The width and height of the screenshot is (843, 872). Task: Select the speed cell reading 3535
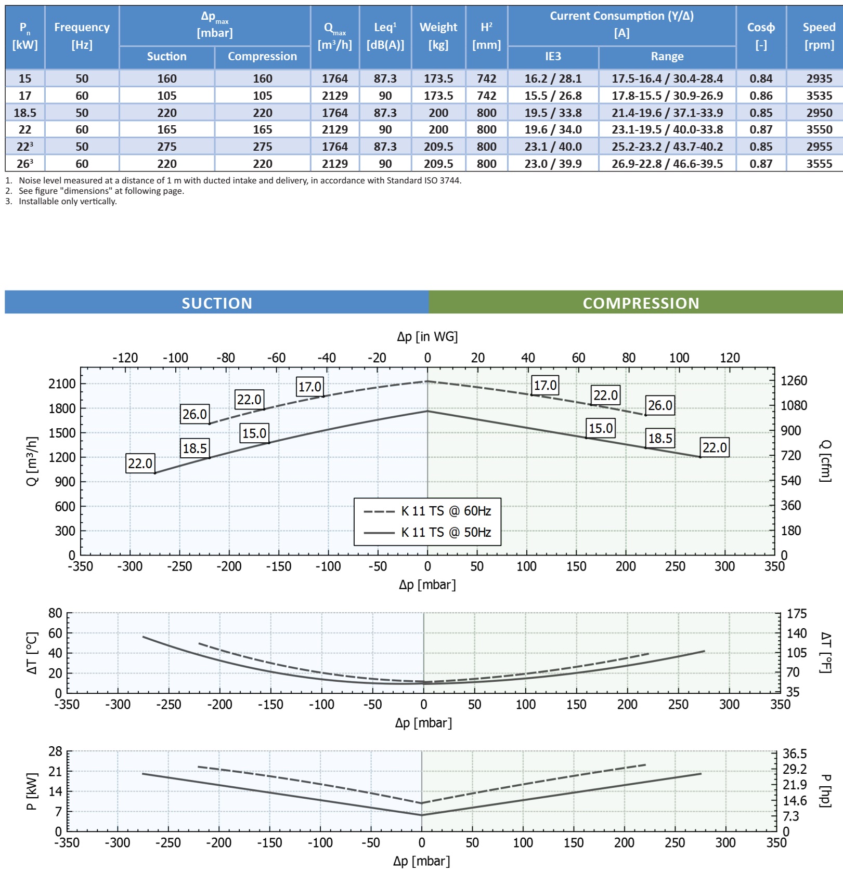tap(819, 96)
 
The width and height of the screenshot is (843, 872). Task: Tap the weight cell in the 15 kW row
tap(438, 78)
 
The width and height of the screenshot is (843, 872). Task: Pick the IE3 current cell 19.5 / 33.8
tap(553, 113)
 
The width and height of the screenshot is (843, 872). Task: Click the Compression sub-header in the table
tap(262, 56)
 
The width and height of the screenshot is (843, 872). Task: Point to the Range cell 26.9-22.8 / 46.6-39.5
tap(667, 164)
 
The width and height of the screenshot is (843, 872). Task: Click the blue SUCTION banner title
tap(217, 303)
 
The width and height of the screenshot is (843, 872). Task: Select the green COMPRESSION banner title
tap(641, 303)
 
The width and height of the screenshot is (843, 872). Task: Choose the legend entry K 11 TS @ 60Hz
tap(446, 511)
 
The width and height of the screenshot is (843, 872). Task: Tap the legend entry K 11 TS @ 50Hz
tap(446, 532)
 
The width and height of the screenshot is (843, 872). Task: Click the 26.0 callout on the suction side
tap(195, 414)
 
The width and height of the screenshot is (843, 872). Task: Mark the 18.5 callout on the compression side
tap(660, 438)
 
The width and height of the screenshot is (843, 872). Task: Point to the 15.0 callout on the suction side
tap(254, 433)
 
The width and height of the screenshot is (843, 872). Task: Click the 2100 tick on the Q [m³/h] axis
tap(62, 384)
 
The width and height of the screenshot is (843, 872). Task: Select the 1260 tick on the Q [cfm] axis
tap(794, 380)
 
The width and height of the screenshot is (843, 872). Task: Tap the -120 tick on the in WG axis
tap(125, 358)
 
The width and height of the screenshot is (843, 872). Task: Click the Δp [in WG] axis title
tap(427, 337)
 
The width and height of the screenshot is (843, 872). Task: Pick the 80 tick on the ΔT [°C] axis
tap(55, 613)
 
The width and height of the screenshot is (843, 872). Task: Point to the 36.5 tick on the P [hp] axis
tap(795, 754)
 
